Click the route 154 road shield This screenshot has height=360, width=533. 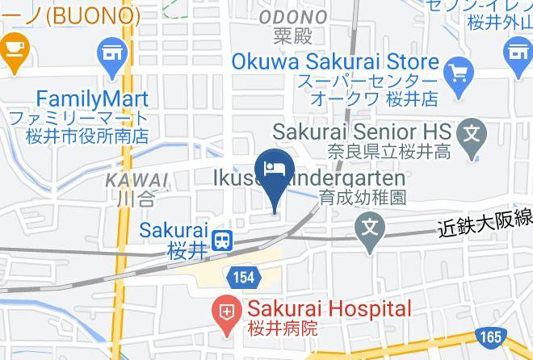point(246,277)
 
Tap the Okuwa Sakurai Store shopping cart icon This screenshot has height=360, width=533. point(459,72)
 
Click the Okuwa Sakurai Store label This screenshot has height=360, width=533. point(334,62)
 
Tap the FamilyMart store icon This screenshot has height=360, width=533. point(112,55)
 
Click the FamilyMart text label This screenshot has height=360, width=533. point(80,99)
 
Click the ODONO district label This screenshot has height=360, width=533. point(292,17)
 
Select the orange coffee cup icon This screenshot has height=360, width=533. point(12,50)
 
